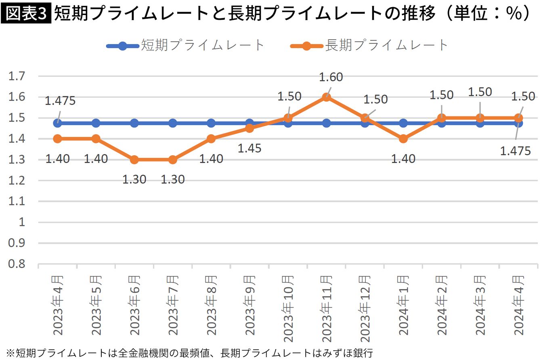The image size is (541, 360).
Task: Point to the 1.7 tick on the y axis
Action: [17, 76]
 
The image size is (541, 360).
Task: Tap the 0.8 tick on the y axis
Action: [17, 264]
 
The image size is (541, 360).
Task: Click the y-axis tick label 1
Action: [22, 222]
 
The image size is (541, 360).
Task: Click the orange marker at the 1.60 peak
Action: [327, 97]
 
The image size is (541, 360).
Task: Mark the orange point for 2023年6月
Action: [134, 160]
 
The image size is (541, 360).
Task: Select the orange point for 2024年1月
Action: [403, 139]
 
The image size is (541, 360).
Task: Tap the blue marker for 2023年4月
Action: [58, 123]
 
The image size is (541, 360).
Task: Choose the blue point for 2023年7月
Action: [173, 123]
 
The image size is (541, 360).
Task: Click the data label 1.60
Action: [331, 77]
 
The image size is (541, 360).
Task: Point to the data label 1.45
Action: [249, 148]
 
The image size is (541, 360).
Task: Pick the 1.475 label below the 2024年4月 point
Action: [515, 151]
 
